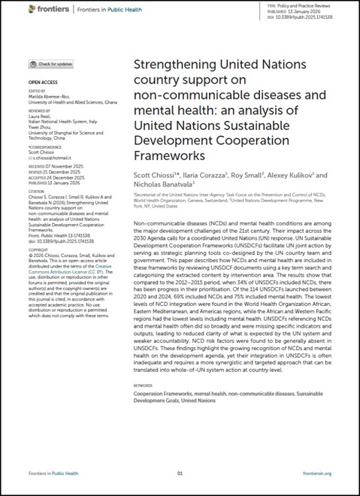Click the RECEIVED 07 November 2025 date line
[x=60, y=167]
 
